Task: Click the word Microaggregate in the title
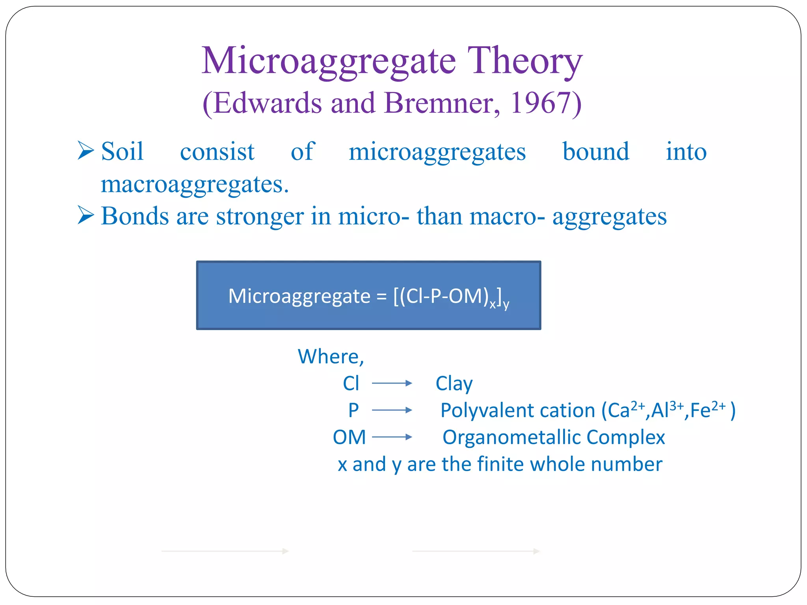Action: (x=329, y=61)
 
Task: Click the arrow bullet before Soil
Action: (x=86, y=151)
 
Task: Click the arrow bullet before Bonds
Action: (x=86, y=215)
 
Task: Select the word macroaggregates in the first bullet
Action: (x=195, y=184)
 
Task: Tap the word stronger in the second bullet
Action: (x=260, y=216)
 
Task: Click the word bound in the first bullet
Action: (x=595, y=152)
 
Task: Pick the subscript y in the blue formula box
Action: (x=506, y=304)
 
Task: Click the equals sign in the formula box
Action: (x=381, y=296)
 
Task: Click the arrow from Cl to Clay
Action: (x=392, y=383)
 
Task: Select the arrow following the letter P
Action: (x=392, y=410)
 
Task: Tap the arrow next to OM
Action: (x=392, y=437)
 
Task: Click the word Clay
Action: (x=454, y=384)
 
